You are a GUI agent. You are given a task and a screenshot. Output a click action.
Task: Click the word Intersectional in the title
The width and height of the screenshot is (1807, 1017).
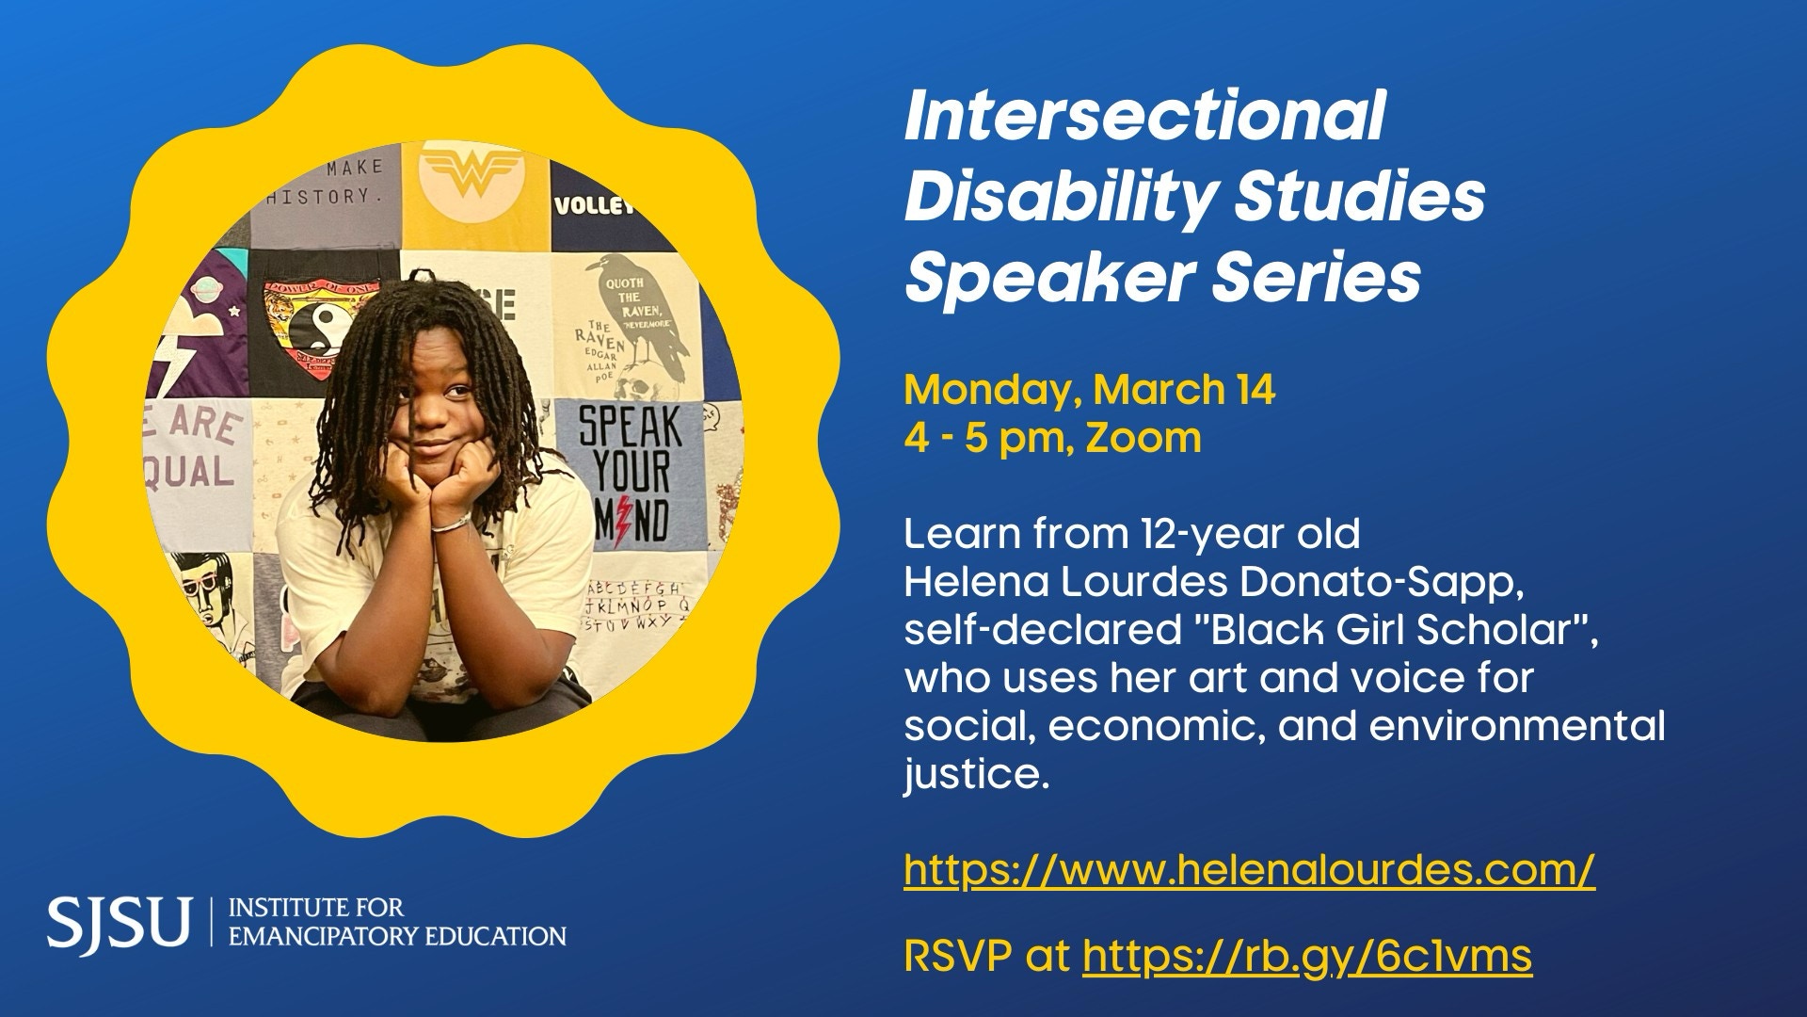[x=1144, y=117]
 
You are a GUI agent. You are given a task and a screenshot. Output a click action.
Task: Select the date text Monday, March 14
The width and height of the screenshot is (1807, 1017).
[x=1090, y=390]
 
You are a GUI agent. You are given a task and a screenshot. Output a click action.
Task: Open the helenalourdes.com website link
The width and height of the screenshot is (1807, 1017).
[x=1249, y=869]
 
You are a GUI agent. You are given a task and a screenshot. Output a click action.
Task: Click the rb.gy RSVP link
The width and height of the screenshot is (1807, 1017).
[x=1308, y=957]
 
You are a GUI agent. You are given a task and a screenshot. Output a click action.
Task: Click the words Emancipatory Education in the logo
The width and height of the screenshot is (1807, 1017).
[x=398, y=936]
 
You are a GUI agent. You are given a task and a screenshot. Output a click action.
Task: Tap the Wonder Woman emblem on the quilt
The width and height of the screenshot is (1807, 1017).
[x=472, y=173]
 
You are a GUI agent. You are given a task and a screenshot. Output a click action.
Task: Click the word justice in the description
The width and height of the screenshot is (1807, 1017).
[x=976, y=775]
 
